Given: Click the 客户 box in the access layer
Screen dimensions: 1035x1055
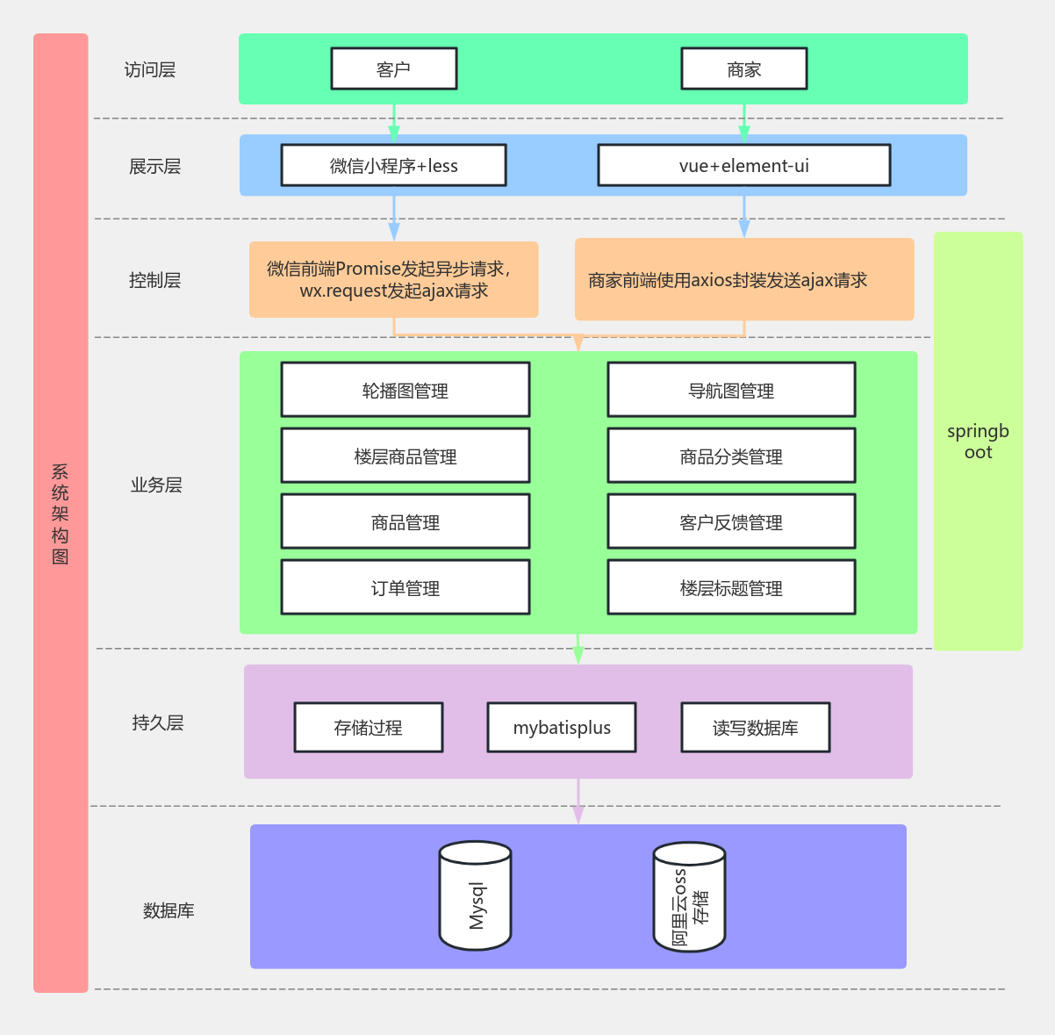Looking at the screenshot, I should pos(393,68).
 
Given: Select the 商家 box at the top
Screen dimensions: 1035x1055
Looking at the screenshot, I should pos(743,68).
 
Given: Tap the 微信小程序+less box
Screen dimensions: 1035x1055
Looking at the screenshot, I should pos(393,165).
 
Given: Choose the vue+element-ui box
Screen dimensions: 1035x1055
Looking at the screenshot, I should pos(743,165).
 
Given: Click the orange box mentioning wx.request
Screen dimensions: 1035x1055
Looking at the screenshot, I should pos(393,279).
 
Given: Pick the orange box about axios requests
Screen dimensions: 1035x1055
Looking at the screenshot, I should pos(743,279).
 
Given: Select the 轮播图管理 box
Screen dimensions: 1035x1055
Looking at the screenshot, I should pos(405,390).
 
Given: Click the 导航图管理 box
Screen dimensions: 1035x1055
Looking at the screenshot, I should pos(731,390).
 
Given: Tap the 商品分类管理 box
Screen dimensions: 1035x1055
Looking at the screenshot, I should pos(731,456).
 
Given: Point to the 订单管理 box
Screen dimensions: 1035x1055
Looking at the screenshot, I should pos(405,587).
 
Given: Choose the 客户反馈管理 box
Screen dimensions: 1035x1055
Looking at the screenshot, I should pos(731,521).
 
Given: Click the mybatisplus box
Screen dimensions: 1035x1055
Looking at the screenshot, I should pos(562,727).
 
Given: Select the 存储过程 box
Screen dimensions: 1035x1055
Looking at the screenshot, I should pos(368,727).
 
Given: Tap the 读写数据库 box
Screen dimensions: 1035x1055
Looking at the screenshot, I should pos(755,727).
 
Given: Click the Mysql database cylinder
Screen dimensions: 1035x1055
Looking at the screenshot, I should pos(475,896).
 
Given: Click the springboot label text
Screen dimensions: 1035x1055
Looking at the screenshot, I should pos(978,442).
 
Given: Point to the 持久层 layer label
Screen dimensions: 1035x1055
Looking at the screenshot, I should pos(158,722).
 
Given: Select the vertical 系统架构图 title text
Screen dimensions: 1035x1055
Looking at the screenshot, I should pos(60,514).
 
